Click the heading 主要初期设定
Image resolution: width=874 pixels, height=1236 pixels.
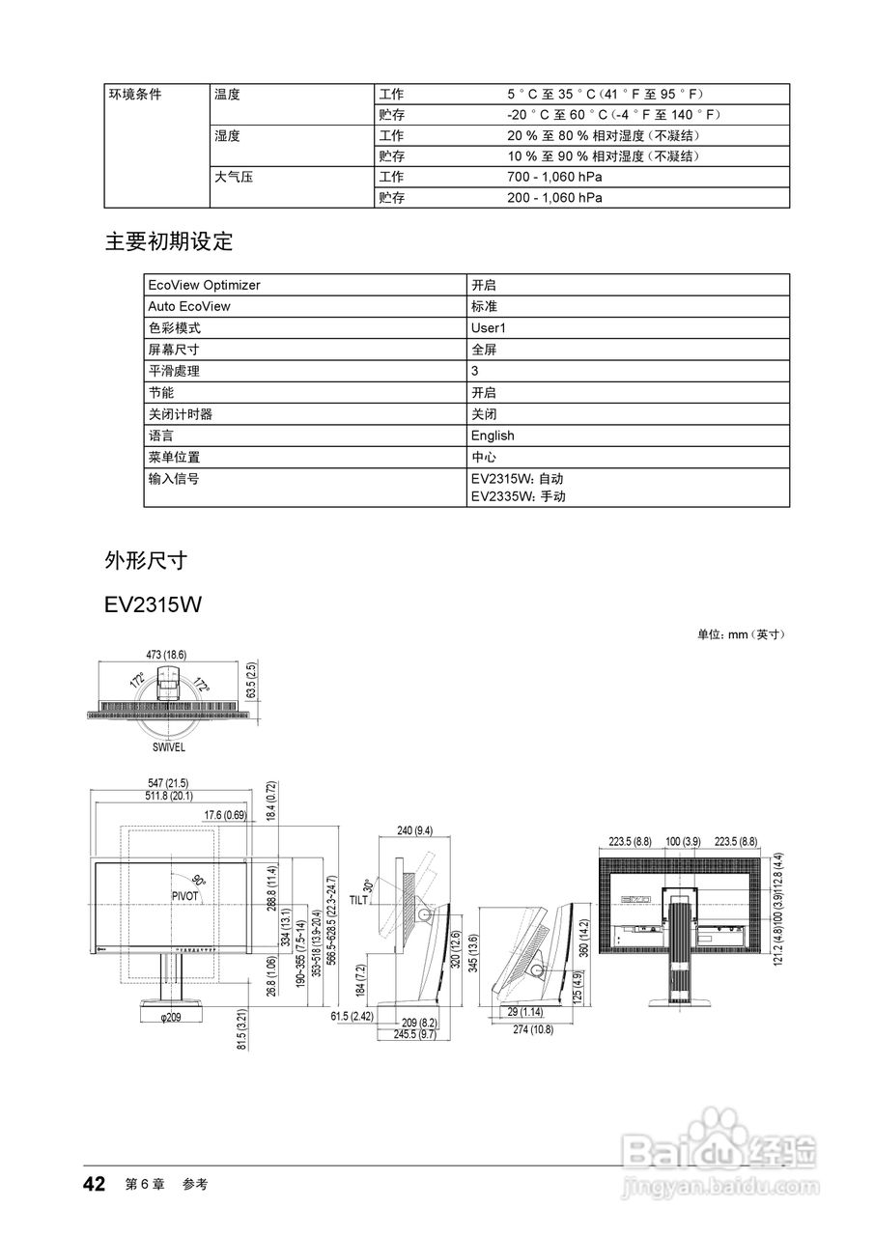pos(169,241)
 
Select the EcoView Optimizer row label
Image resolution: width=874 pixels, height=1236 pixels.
pos(204,285)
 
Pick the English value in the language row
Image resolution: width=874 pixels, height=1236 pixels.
pos(493,435)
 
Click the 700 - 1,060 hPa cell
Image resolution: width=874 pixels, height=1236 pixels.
pos(554,178)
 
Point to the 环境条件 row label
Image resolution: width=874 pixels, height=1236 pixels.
pos(134,95)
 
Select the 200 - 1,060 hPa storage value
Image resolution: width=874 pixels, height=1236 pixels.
pos(554,198)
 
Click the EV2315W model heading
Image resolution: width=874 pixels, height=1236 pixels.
pos(153,605)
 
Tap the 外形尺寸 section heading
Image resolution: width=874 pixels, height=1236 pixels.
pos(145,560)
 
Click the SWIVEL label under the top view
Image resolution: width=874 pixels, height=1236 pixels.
pos(169,747)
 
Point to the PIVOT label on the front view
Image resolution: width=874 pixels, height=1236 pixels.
pos(184,896)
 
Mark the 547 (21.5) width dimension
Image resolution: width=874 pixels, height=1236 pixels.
pos(169,782)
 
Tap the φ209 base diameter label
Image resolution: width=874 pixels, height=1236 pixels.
pos(171,1017)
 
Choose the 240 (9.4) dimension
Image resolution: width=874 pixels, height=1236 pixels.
pos(414,830)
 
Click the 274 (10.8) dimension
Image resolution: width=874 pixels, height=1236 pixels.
pos(533,1030)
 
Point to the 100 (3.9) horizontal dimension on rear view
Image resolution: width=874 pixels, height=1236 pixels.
pos(683,842)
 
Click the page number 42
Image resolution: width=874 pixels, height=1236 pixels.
pos(94,1184)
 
